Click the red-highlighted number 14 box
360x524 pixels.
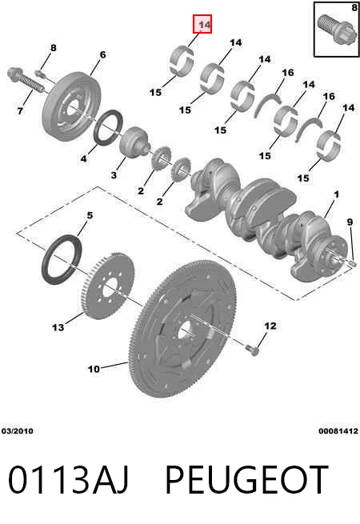(x=202, y=24)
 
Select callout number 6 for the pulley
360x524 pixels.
(x=102, y=54)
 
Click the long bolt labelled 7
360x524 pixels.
(x=26, y=80)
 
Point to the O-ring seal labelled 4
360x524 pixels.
(x=109, y=127)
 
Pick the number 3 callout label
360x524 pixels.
(x=114, y=174)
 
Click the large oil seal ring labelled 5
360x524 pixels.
(x=62, y=260)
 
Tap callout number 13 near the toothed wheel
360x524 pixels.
(x=58, y=327)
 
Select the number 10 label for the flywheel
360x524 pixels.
(x=94, y=369)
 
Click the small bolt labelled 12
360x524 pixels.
(x=252, y=350)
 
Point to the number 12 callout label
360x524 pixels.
(x=270, y=326)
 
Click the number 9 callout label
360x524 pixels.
(x=350, y=222)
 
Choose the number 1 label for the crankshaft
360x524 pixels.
(x=336, y=194)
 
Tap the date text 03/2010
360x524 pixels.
(x=18, y=431)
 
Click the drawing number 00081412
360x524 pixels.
(x=338, y=431)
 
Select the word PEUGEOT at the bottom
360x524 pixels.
(x=246, y=479)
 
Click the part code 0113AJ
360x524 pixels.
(x=68, y=479)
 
